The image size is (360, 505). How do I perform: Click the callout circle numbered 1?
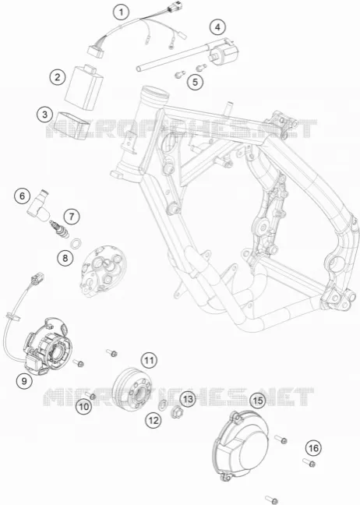pos(121,12)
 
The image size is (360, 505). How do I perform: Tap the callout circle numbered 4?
pos(217,27)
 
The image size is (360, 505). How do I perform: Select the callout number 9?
pos(24,381)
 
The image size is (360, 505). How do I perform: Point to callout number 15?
pos(258,401)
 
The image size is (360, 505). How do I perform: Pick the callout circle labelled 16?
pos(313,448)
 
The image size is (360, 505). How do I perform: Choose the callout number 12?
pos(154,420)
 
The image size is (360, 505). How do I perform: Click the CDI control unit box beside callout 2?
pos(84,87)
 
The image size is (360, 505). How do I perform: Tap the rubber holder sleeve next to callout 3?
pos(71,125)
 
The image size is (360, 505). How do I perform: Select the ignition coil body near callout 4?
pos(224,51)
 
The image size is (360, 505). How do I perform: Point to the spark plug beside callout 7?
pos(59,229)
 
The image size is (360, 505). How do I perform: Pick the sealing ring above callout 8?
pos(76,243)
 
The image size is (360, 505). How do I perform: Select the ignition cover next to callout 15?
pos(241,445)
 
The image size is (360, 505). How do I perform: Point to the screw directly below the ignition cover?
pos(271,500)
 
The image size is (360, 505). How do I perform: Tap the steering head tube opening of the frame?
pos(156,93)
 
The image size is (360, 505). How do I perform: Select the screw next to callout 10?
pos(90,395)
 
